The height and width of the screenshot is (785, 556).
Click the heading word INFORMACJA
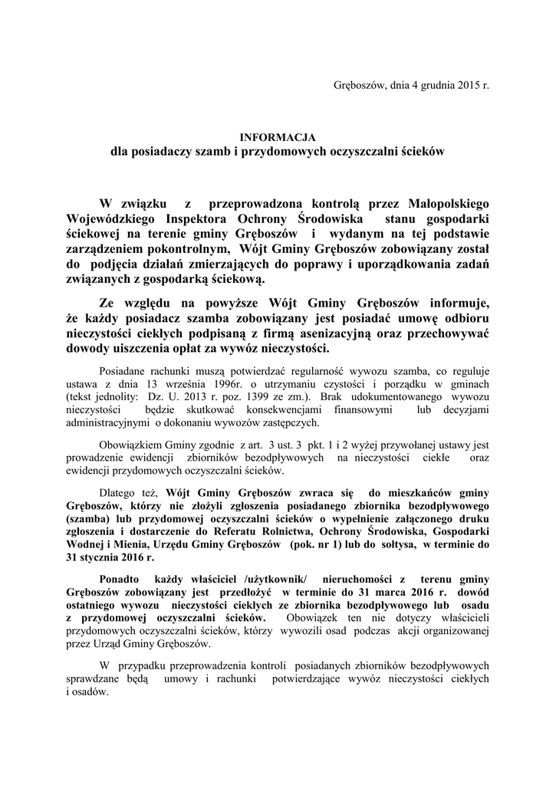click(x=278, y=137)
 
